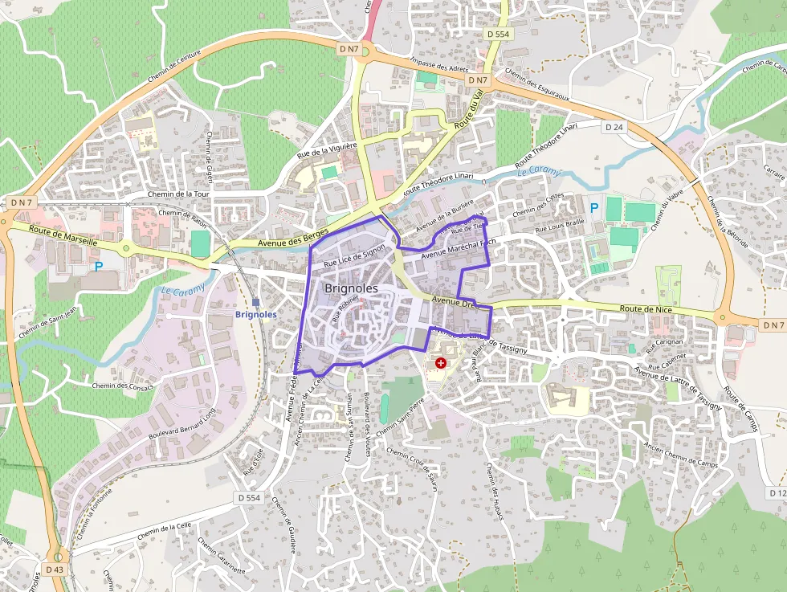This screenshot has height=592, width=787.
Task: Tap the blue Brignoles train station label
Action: pos(255,315)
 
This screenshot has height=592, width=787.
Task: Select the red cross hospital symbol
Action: pos(440,363)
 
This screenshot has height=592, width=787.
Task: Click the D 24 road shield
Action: pos(614,127)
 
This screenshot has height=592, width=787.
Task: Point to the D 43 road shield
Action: pos(54,570)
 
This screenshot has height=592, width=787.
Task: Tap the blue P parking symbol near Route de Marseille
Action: pos(98,266)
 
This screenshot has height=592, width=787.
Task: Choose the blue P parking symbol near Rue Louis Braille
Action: pos(594,208)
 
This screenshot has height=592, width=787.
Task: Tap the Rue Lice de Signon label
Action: pos(353,257)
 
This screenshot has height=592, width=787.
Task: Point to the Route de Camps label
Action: pos(740,409)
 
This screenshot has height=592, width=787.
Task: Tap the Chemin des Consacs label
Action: pos(121,386)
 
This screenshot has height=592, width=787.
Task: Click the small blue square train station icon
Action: pos(255,302)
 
